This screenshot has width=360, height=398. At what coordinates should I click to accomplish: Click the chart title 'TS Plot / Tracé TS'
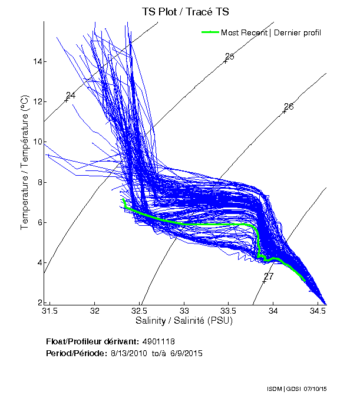point(187,11)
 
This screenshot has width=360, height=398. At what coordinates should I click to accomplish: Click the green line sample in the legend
point(210,32)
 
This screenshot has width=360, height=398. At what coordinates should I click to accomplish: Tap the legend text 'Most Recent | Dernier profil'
point(271,32)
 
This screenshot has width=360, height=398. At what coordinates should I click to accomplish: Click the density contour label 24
point(71,96)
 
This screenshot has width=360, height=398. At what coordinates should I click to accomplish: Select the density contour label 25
point(230,57)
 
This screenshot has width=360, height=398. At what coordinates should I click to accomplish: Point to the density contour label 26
point(289,107)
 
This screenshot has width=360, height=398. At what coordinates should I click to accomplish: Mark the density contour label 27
point(269,277)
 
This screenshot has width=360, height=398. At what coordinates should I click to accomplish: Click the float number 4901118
point(158,341)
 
